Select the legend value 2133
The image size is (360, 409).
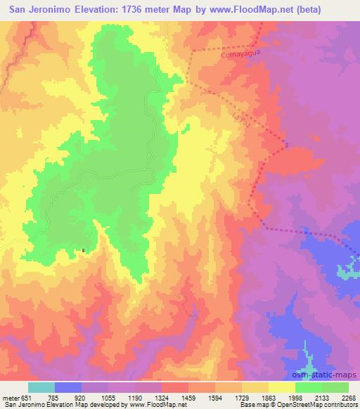click(321, 397)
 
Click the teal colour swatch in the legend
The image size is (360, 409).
click(41, 387)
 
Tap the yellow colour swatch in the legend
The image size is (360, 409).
click(282, 387)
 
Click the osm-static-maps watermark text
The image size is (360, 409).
click(330, 375)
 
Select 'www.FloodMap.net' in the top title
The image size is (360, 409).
click(257, 11)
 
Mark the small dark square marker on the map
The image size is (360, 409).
click(84, 250)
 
